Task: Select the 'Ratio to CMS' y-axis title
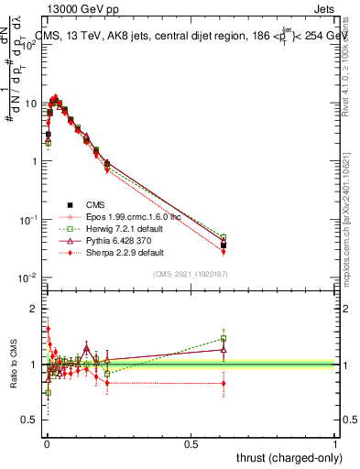(x=13, y=365)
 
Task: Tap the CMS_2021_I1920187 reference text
(x=190, y=274)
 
